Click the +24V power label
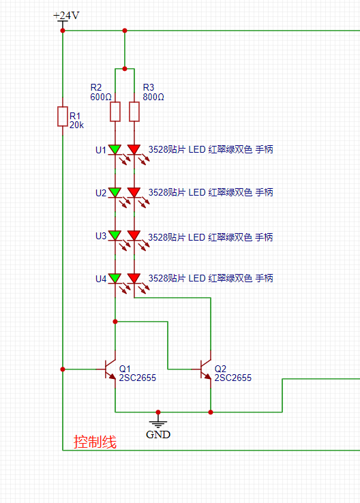pos(66,16)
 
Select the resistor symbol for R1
pos(63,117)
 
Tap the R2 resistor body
pos(115,112)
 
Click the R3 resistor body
pos(134,112)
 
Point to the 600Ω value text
pos(101,97)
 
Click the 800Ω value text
pos(153,97)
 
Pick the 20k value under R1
pos(76,125)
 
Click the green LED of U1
pos(115,149)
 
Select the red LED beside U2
pos(134,192)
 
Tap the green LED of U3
pos(115,235)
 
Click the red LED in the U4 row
pos(134,279)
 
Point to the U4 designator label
pos(101,279)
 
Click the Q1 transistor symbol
pos(110,369)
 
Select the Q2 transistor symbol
pos(205,369)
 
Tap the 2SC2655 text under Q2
pos(233,378)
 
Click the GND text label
pos(158,435)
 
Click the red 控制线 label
pos(95,442)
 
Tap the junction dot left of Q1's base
pos(63,369)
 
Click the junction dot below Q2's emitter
pos(211,412)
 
